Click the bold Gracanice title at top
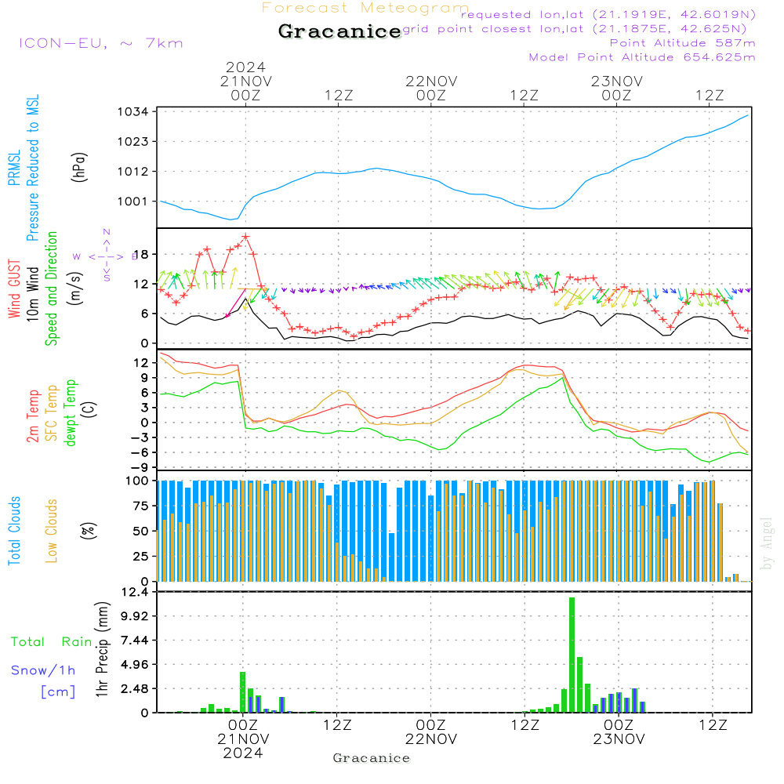pyautogui.click(x=339, y=31)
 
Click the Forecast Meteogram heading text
pyautogui.click(x=365, y=8)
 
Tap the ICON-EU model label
pyautogui.click(x=100, y=42)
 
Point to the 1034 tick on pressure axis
pyautogui.click(x=134, y=112)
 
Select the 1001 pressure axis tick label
pyautogui.click(x=134, y=201)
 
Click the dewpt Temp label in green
pyautogui.click(x=70, y=413)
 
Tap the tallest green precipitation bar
pyautogui.click(x=572, y=654)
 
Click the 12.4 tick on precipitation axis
pyautogui.click(x=134, y=591)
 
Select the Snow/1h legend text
pyautogui.click(x=43, y=670)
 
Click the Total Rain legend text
pyautogui.click(x=51, y=641)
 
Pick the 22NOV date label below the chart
pyautogui.click(x=431, y=739)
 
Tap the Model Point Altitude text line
pyautogui.click(x=642, y=57)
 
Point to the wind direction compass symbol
pyautogui.click(x=107, y=256)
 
